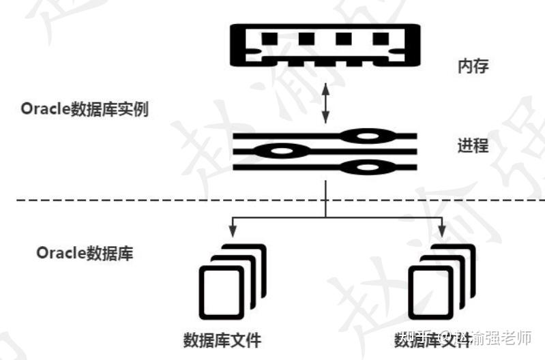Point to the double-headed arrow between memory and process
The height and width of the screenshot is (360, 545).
tap(325, 102)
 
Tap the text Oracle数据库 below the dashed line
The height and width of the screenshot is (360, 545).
tap(85, 253)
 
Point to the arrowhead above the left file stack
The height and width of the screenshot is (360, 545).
tap(233, 228)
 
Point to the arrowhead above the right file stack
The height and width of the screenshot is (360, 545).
tap(441, 228)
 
